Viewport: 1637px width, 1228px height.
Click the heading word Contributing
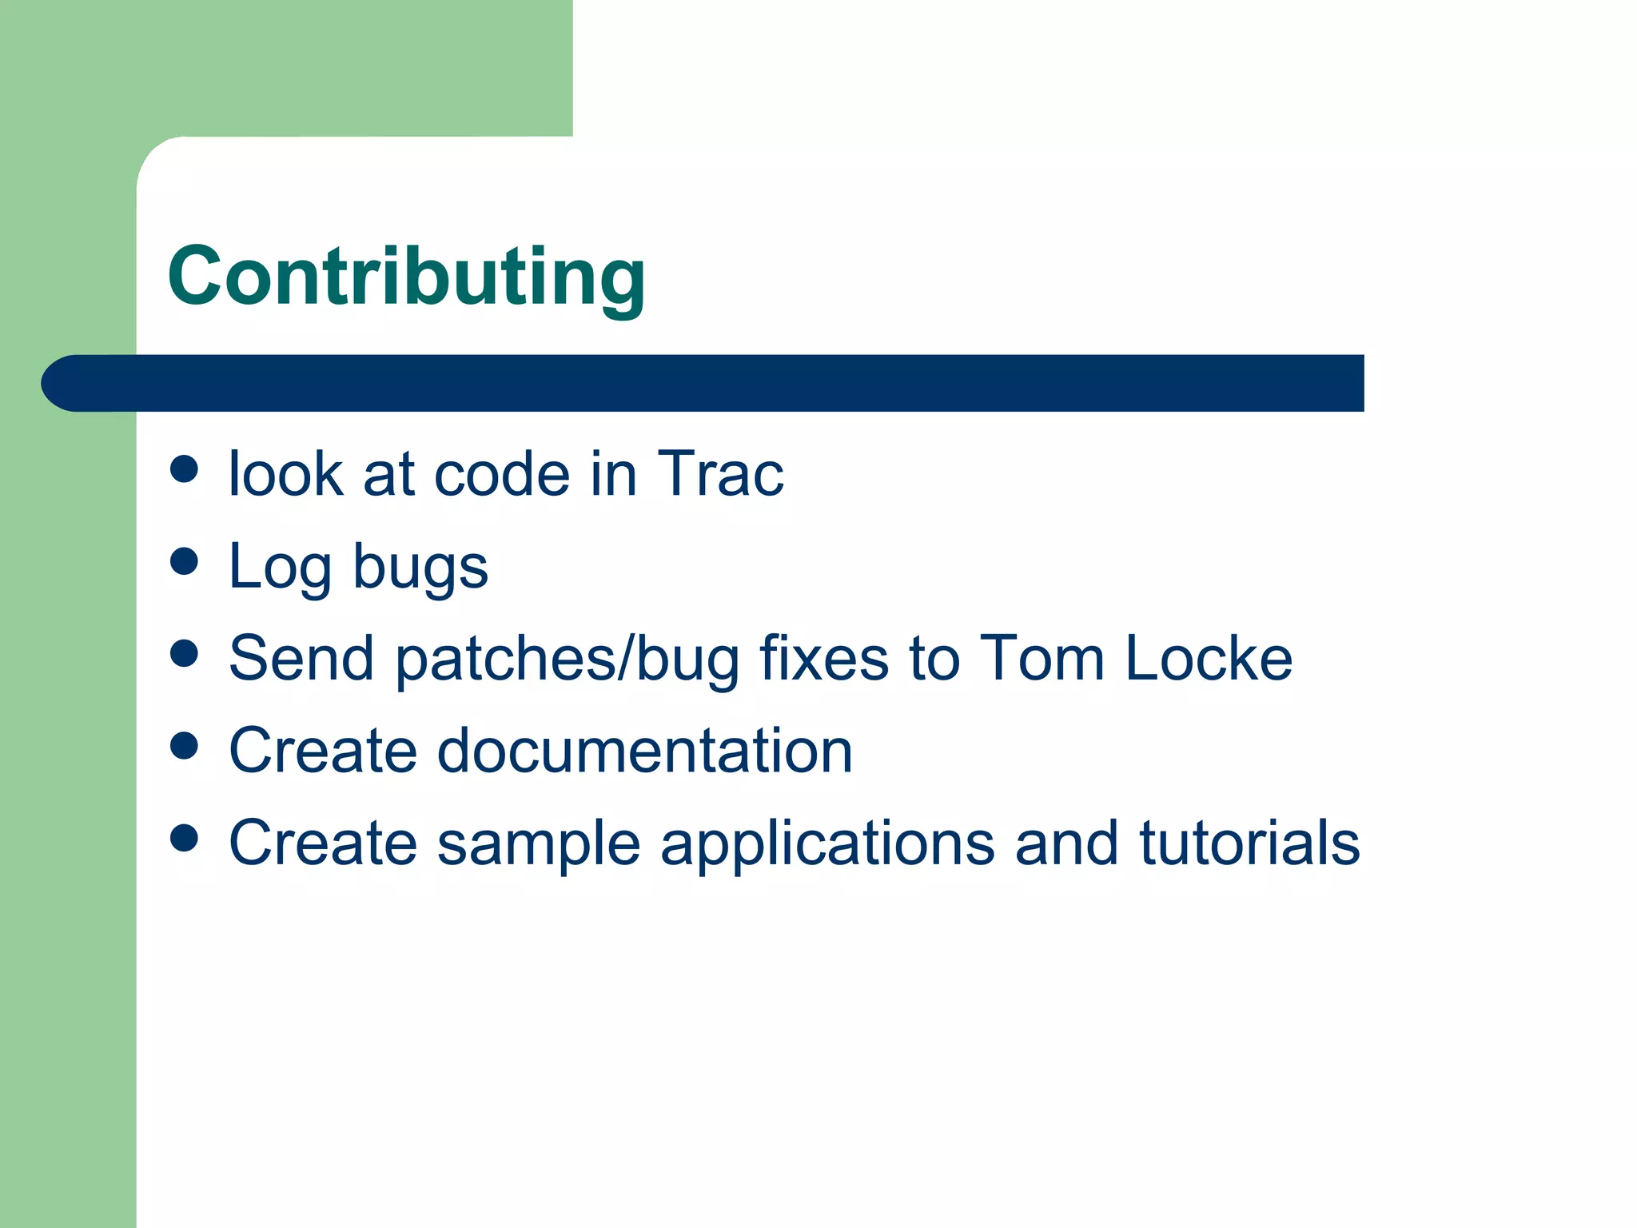(x=406, y=277)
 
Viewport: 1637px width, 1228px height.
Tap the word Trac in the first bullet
(x=719, y=474)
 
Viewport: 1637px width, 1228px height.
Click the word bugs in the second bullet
(x=420, y=568)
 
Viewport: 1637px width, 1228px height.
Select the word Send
(x=301, y=659)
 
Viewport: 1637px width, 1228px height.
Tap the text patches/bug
(x=568, y=659)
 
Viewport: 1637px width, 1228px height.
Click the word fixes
(x=824, y=659)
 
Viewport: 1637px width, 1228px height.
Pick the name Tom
(x=1042, y=659)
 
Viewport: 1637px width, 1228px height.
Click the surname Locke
(x=1209, y=659)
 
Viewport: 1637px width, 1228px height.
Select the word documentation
(x=645, y=751)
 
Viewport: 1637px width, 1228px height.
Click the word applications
(x=827, y=843)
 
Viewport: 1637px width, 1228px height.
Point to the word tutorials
(x=1249, y=843)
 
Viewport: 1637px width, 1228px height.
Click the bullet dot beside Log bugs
(x=184, y=560)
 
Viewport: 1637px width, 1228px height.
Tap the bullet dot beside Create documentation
(x=184, y=745)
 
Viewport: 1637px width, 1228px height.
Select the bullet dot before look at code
(x=184, y=468)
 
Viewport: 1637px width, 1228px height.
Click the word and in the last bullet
(x=1066, y=843)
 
